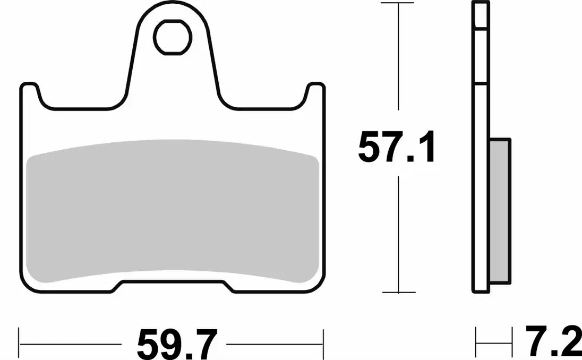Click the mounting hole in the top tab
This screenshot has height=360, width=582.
[x=173, y=37]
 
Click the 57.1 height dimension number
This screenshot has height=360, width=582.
[x=397, y=148]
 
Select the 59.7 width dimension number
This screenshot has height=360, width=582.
[x=177, y=345]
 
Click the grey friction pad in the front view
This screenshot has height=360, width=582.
[x=173, y=212]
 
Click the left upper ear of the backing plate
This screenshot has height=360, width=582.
[x=31, y=93]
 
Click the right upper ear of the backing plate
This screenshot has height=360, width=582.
[x=315, y=93]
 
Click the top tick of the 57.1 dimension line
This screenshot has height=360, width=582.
[x=398, y=4]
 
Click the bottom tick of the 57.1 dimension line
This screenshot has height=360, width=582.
[x=398, y=293]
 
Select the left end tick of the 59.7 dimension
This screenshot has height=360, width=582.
[x=20, y=337]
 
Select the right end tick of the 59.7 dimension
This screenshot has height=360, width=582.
[x=323, y=337]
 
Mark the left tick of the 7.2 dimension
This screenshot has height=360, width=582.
[x=476, y=337]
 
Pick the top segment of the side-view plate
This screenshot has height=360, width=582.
[x=481, y=15]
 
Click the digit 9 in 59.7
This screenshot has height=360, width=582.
[x=175, y=345]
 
